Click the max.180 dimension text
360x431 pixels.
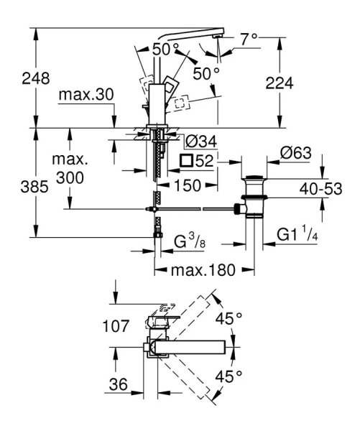point(198,272)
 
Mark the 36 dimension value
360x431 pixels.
point(115,385)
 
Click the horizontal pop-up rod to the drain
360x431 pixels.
point(194,209)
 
